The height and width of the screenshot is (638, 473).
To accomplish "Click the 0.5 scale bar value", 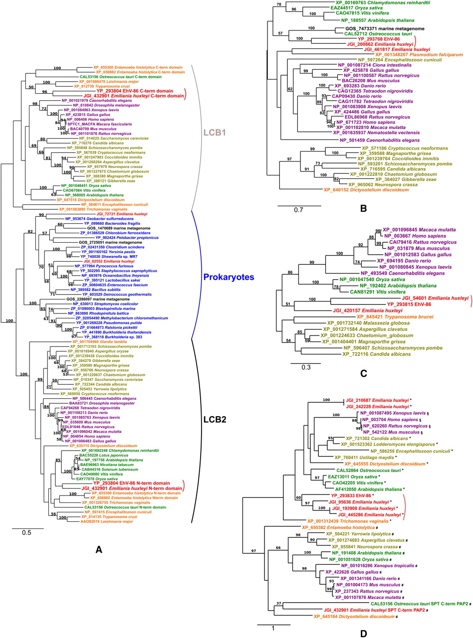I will (x=26, y=532).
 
